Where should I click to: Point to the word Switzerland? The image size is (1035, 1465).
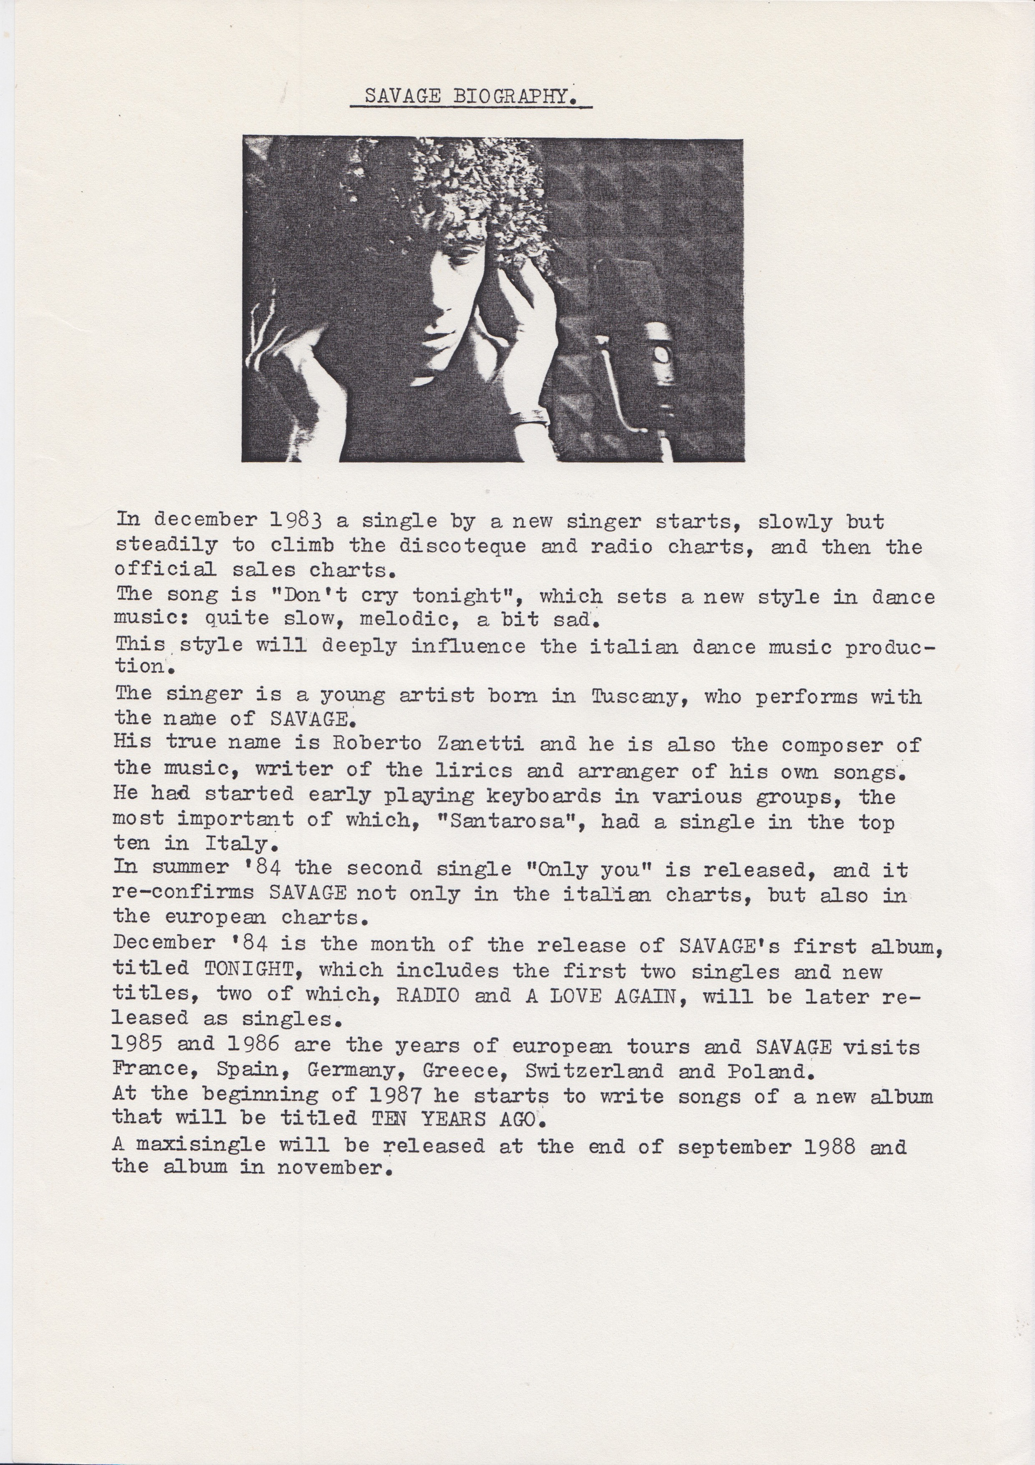coord(595,1070)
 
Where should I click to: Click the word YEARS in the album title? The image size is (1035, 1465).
coord(453,1119)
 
